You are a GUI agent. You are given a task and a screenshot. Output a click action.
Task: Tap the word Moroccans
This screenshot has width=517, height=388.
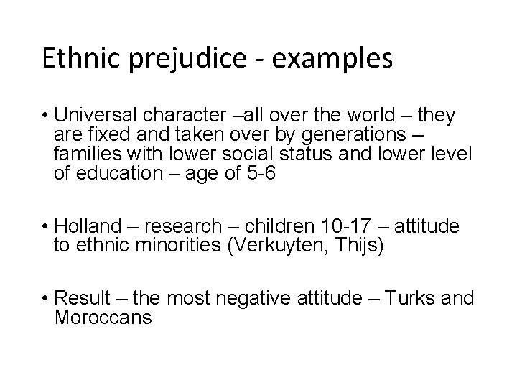point(103,317)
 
